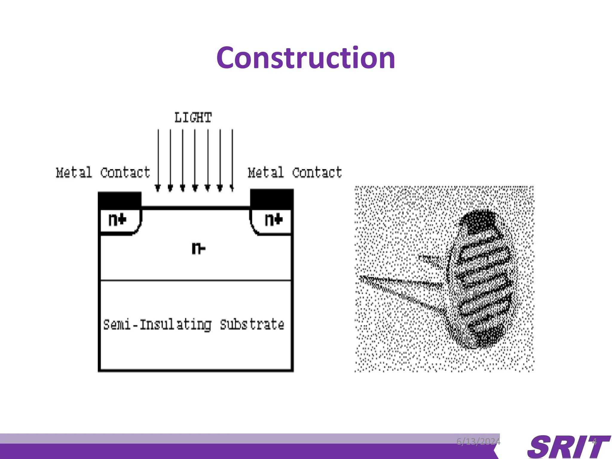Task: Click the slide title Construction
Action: [306, 58]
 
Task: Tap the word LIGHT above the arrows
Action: [193, 117]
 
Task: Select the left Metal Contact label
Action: [103, 172]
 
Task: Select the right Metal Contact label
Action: [295, 172]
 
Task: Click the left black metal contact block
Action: [120, 201]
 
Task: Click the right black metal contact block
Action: [272, 199]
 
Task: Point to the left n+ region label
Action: [117, 220]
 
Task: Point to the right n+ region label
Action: [273, 220]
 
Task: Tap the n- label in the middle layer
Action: [198, 248]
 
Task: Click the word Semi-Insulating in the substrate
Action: [157, 325]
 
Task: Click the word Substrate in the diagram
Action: [252, 325]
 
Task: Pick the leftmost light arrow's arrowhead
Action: [158, 188]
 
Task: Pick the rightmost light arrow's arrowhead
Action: [232, 188]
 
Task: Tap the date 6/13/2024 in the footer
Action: [478, 441]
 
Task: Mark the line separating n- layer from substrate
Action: [196, 280]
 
